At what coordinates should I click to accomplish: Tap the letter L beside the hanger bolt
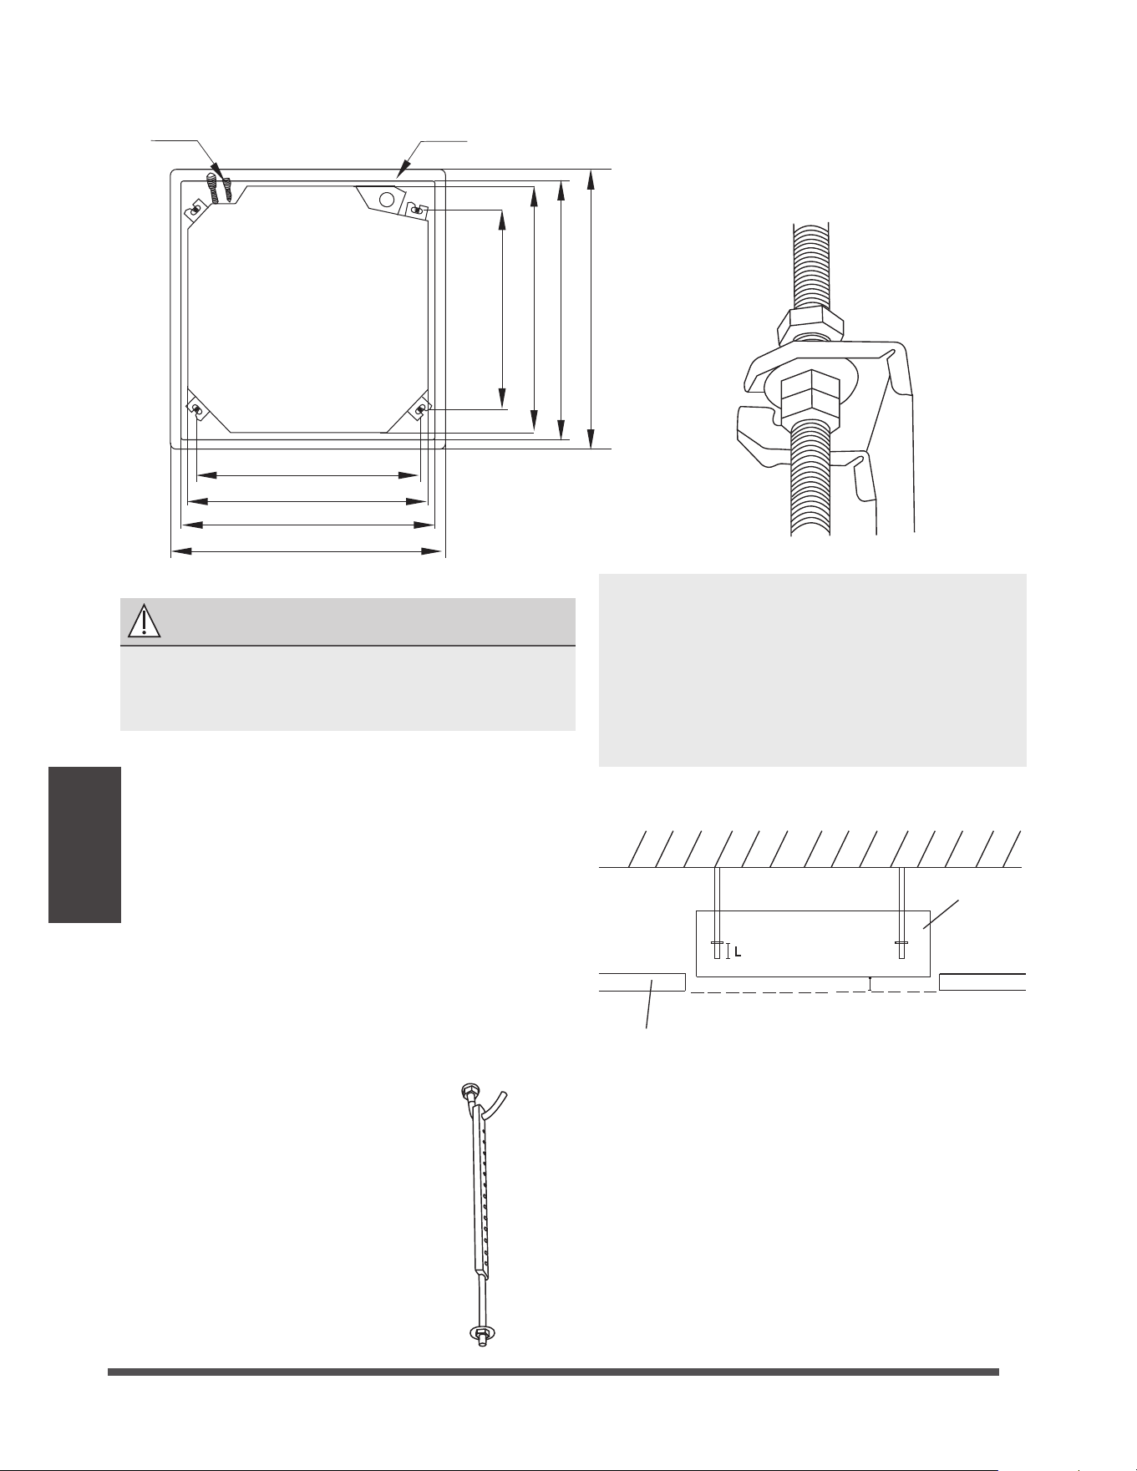[739, 951]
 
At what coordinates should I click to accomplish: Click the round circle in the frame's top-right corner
[387, 200]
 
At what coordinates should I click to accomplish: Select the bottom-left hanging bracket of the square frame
[198, 408]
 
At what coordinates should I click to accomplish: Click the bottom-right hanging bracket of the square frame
[419, 408]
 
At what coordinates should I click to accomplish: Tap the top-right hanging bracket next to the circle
[417, 210]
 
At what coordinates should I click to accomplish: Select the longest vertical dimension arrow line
[591, 309]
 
